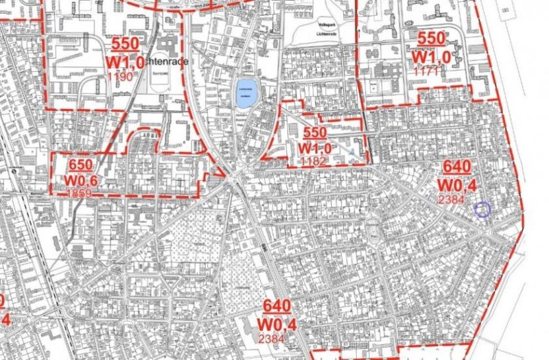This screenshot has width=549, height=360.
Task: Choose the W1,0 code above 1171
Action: tap(432, 56)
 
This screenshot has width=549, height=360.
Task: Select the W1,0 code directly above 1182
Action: tap(314, 147)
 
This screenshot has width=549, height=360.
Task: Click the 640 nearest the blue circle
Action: tap(457, 167)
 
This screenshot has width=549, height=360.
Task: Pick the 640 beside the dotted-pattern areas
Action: tap(279, 307)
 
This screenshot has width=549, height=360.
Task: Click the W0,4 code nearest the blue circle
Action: tap(458, 184)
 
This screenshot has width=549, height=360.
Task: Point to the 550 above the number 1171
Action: tap(432, 38)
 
